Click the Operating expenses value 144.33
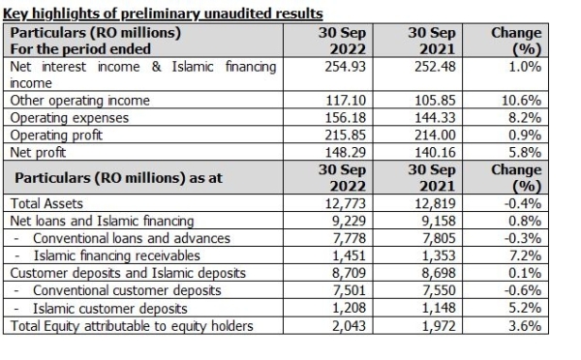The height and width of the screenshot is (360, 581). tap(433, 116)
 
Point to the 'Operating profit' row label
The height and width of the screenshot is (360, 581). tap(56, 135)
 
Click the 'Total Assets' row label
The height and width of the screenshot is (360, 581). tap(46, 203)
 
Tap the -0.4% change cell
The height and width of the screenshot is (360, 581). tap(521, 203)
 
